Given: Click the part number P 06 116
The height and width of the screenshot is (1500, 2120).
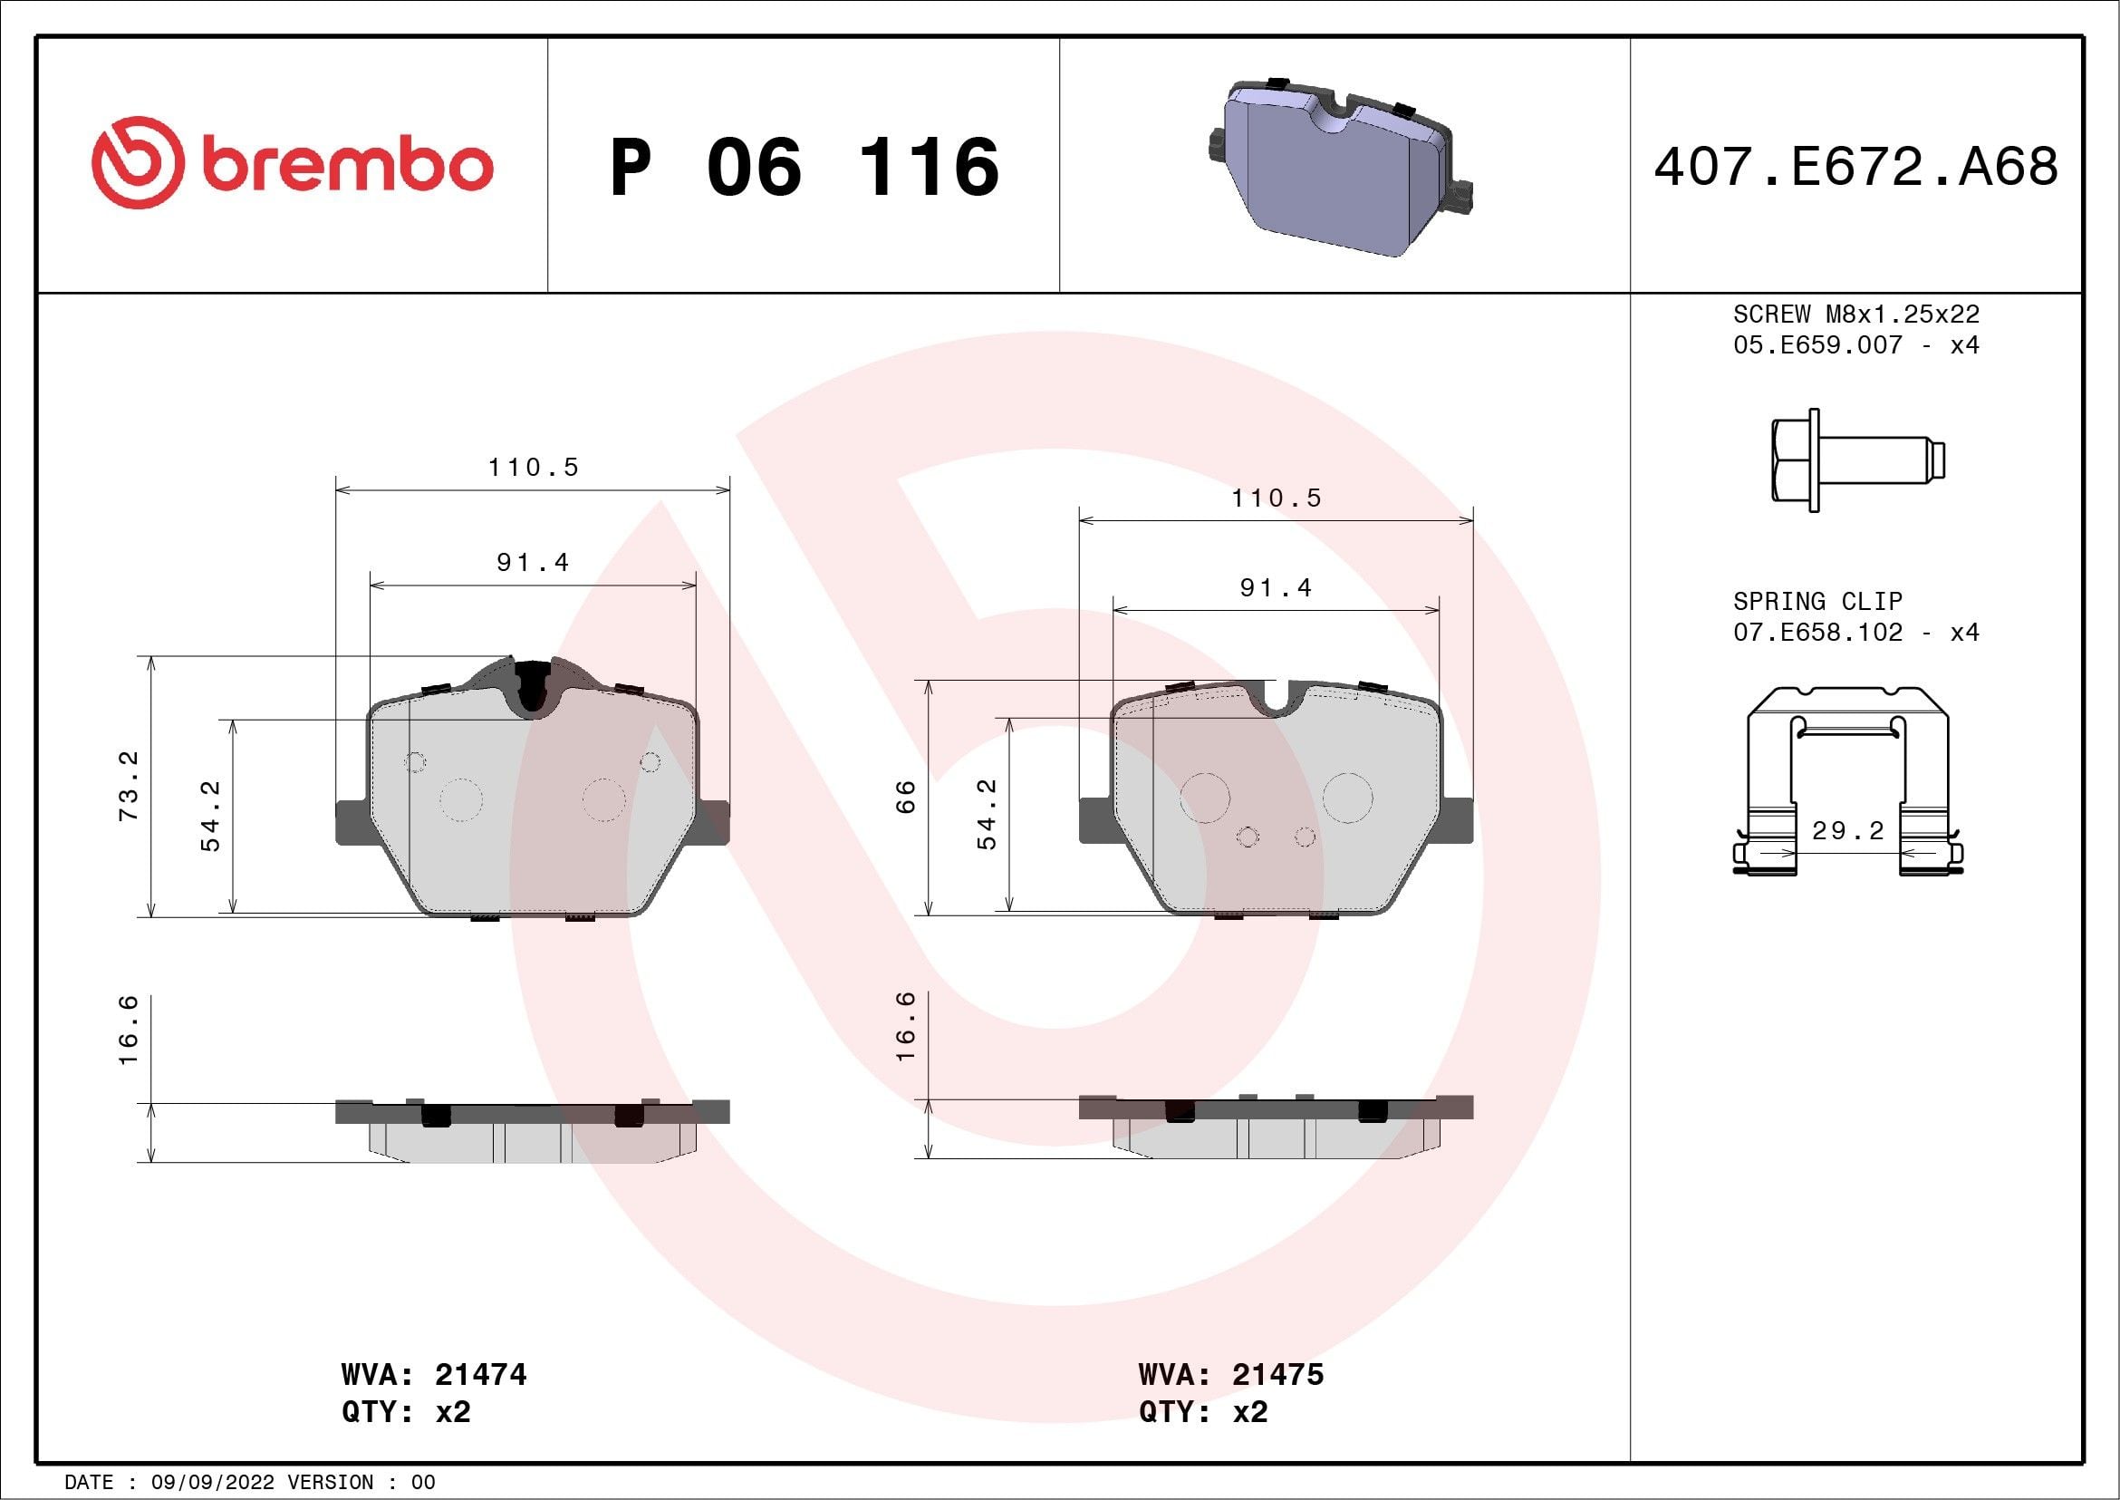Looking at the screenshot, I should [805, 167].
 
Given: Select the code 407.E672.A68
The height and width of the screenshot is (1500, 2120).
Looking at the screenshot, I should [1856, 167].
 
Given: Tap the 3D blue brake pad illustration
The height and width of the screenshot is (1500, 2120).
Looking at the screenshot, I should [1339, 166].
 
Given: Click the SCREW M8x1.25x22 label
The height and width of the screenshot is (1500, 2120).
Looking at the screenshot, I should [1856, 314].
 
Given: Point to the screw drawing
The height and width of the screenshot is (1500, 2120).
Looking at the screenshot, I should [1856, 460].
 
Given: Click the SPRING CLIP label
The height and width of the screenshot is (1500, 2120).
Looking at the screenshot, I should [1817, 601].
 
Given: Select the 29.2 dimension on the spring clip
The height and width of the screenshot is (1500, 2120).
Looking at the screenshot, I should [1847, 830].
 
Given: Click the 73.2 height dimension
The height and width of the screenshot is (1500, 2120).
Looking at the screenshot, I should [129, 786].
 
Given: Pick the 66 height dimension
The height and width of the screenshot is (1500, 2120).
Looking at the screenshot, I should [906, 796].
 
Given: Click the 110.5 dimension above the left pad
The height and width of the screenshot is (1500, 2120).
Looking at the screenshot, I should [533, 468].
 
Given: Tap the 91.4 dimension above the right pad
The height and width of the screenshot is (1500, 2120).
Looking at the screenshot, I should [1275, 587].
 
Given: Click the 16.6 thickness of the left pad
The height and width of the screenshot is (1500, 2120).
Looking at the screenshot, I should [129, 1029].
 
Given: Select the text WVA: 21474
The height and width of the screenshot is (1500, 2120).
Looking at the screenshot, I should [434, 1374].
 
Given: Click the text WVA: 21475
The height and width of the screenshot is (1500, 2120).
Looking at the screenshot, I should [1231, 1374].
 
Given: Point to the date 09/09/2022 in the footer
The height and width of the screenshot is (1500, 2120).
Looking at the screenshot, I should [212, 1482].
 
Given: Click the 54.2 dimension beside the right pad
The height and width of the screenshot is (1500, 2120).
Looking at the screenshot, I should [987, 814].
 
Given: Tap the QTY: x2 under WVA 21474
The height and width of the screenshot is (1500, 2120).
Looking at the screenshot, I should [406, 1412].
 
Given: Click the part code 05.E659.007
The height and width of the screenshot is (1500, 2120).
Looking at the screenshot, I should [1817, 345].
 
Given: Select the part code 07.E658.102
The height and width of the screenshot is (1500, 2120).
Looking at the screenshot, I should [1817, 633].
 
